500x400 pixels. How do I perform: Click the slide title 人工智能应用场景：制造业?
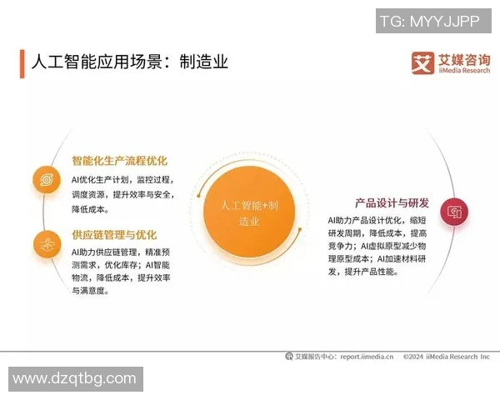pyautogui.click(x=129, y=62)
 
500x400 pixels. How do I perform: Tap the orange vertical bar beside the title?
pyautogui.click(x=22, y=63)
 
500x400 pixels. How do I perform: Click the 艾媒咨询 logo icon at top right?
pyautogui.click(x=422, y=63)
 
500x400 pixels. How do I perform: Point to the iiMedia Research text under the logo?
pyautogui.click(x=463, y=72)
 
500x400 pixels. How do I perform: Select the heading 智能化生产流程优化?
pyautogui.click(x=119, y=161)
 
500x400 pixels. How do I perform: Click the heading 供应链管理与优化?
pyautogui.click(x=114, y=235)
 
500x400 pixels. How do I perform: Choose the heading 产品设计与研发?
pyautogui.click(x=392, y=202)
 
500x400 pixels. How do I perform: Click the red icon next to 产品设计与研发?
pyautogui.click(x=454, y=211)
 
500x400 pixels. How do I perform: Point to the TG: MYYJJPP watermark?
pyautogui.click(x=429, y=21)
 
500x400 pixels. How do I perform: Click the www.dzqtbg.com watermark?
pyautogui.click(x=74, y=379)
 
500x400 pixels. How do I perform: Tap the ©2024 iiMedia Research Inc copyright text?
pyautogui.click(x=446, y=357)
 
